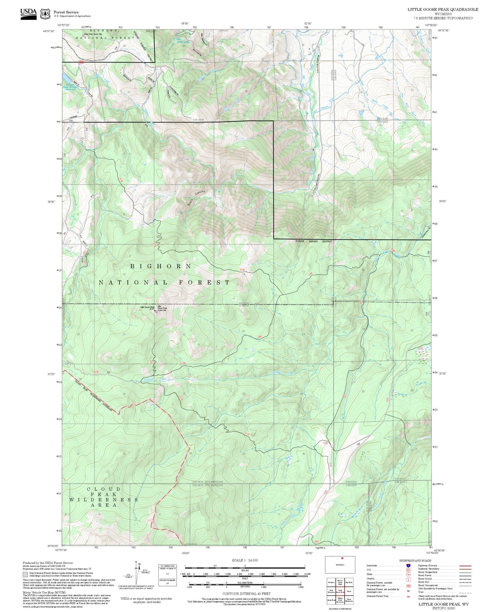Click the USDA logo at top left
[x=28, y=14]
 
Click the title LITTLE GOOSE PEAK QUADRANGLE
[x=443, y=10]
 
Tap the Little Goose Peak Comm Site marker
[x=157, y=311]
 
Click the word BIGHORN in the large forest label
[x=161, y=266]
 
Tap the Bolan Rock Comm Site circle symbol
[x=83, y=35]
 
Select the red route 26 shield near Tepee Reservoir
[x=81, y=62]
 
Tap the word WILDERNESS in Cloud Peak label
[x=104, y=499]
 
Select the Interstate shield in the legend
[x=408, y=566]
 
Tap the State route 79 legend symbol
[x=408, y=574]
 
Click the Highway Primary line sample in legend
[x=465, y=566]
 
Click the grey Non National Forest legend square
[x=25, y=574]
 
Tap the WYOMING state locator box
[x=340, y=565]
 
